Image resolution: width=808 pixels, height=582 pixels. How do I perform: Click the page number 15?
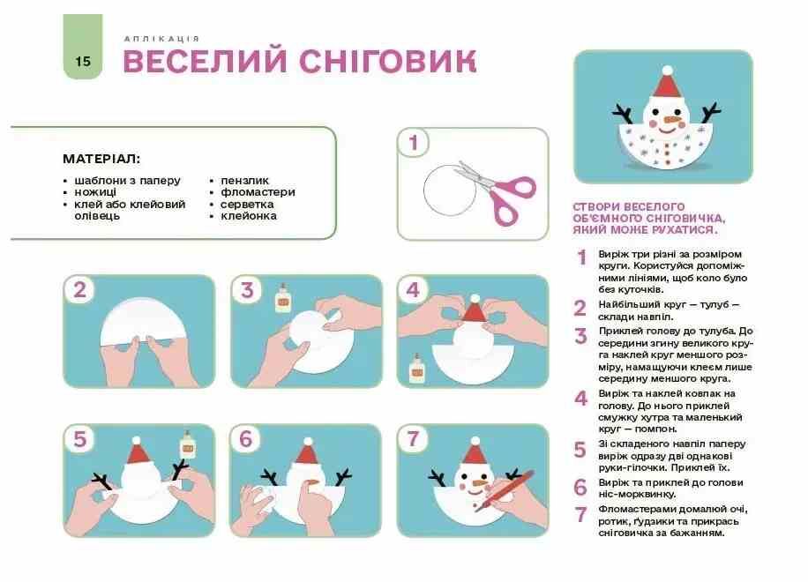coord(82,62)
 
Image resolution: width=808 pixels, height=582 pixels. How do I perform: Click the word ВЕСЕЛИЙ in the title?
coord(205,61)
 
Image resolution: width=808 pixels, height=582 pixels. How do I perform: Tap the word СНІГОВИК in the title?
coord(387,61)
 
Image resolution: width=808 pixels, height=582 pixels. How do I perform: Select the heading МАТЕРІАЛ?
coord(101,159)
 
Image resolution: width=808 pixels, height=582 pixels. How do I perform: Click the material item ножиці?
coord(95,192)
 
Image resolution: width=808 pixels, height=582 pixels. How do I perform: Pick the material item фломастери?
coord(258,192)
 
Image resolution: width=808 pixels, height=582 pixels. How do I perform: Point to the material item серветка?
coord(247,204)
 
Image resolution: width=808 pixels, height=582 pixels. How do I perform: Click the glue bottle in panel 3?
coord(282,298)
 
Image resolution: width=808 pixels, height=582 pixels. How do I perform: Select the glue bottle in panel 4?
coord(417,368)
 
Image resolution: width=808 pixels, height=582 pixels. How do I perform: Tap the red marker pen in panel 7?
coord(505,490)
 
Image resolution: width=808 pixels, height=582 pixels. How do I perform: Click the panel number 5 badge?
coord(80,439)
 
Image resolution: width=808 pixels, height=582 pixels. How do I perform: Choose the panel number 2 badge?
coord(80,290)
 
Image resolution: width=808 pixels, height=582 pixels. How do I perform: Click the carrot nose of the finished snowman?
coord(675,120)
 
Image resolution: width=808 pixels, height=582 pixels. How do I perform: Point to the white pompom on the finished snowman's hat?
coord(668,71)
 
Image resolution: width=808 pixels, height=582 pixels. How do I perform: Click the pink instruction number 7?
coord(581,514)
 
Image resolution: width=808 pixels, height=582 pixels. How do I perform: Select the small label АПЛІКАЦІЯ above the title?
coord(161,39)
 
